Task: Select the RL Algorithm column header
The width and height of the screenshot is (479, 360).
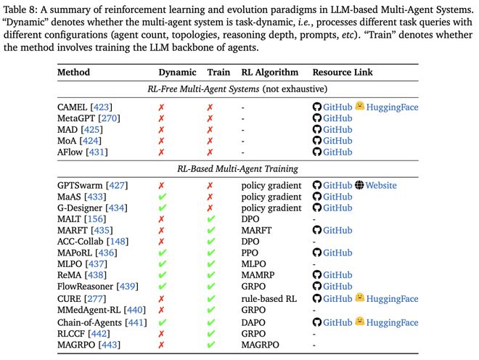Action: [269, 73]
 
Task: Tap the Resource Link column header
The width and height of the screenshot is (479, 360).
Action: [345, 73]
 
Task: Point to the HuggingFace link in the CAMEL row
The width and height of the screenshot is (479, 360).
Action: [392, 107]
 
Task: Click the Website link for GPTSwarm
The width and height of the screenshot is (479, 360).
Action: [380, 185]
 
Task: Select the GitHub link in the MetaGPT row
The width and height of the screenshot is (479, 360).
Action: [337, 118]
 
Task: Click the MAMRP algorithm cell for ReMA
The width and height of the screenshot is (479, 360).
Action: [259, 276]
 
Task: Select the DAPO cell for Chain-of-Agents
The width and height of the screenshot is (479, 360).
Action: [255, 322]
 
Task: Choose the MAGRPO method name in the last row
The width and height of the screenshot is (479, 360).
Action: [76, 344]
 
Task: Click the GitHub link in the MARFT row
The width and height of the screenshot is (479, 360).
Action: [337, 230]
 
